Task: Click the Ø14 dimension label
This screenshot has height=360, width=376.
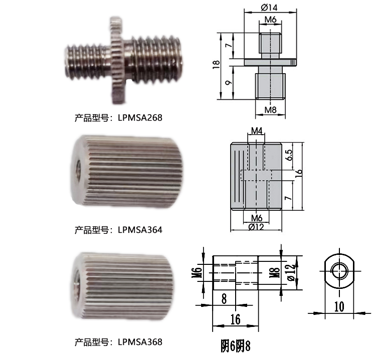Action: click(x=269, y=8)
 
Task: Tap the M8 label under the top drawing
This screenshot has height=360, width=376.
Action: click(x=270, y=110)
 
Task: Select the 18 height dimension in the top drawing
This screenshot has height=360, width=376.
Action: click(x=216, y=65)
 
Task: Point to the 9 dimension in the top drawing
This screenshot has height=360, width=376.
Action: click(x=229, y=83)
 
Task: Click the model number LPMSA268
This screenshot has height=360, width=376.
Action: click(x=140, y=118)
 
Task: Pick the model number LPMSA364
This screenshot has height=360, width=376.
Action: click(x=140, y=230)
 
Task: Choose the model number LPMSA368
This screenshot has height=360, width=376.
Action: click(x=140, y=342)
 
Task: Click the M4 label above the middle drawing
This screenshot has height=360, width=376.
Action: click(x=257, y=131)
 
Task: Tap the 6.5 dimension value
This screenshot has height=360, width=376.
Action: click(x=289, y=155)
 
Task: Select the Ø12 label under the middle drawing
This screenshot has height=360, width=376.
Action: click(x=256, y=227)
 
